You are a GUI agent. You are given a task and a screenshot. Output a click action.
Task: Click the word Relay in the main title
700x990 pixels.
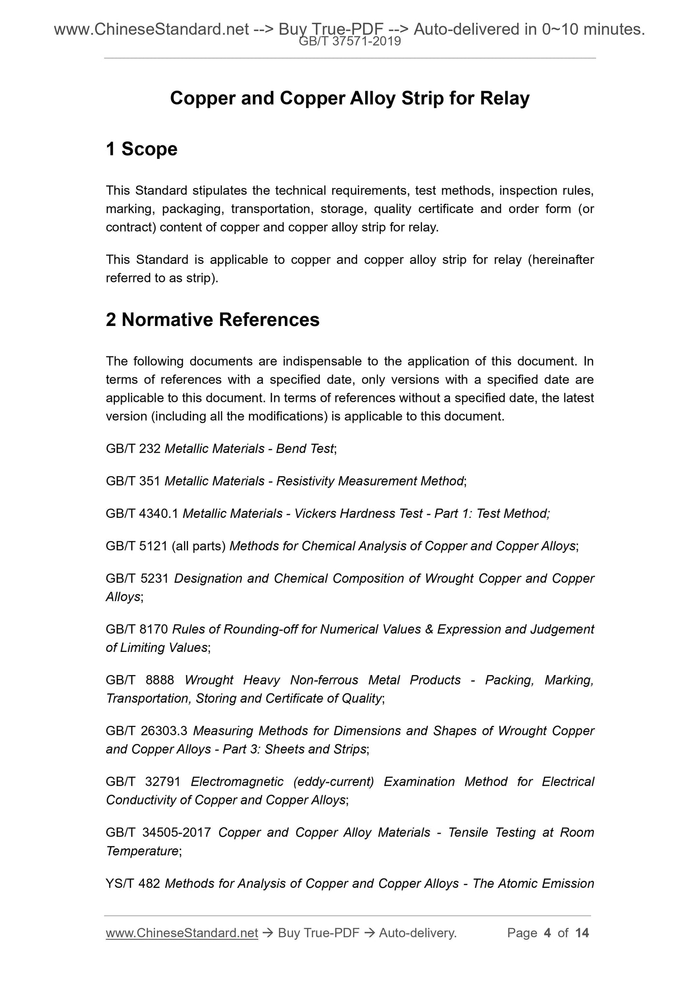point(505,98)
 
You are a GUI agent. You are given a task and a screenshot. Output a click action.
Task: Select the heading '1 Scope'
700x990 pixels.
point(141,149)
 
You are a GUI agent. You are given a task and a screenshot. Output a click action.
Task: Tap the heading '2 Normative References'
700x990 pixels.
point(213,320)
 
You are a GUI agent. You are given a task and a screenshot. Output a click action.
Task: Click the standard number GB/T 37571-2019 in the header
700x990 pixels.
point(350,42)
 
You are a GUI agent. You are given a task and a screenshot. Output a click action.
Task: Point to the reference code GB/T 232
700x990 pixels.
point(133,449)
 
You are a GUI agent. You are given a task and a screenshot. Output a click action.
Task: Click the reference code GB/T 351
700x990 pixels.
point(133,481)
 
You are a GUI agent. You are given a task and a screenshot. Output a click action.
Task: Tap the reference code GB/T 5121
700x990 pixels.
point(137,546)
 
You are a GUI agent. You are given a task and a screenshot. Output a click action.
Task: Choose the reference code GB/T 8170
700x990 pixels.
point(137,629)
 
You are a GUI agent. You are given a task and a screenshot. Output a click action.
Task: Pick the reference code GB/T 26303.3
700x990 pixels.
point(147,731)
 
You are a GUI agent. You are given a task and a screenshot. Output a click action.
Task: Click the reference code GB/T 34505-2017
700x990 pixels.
point(158,833)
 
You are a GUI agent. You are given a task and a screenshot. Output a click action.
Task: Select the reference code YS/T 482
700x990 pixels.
point(133,883)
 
